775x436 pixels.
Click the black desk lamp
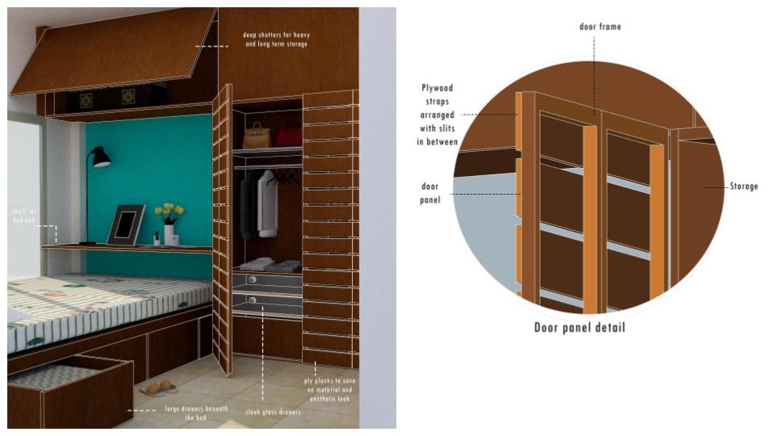coord(98,157)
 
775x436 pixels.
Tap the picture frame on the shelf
coord(125,224)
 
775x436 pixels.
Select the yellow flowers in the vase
coord(169,212)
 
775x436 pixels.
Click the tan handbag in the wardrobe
coord(256,136)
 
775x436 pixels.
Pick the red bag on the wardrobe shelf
coord(288,135)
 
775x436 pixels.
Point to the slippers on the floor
coord(158,388)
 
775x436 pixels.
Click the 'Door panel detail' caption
coord(579,328)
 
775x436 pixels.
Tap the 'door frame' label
coord(600,27)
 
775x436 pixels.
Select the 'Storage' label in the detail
coord(743,187)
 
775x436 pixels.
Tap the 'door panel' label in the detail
coord(430,192)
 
